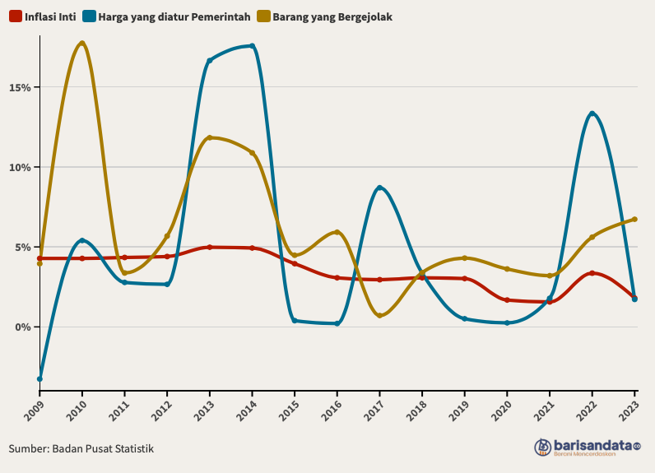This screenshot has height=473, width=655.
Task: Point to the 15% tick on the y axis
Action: tap(21, 88)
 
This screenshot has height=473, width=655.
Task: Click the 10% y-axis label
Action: tap(21, 168)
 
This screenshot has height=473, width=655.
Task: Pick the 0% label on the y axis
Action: tap(23, 327)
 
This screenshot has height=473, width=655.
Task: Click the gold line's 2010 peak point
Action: tap(81, 43)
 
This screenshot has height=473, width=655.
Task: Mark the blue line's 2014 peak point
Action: tap(252, 46)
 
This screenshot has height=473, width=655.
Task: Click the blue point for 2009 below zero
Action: tap(39, 379)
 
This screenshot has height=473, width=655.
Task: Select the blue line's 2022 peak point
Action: tap(592, 114)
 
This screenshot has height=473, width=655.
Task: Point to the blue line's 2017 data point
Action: tap(379, 188)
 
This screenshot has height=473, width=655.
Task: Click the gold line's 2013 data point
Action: tap(209, 137)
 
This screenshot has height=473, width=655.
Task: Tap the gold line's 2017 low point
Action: tap(379, 315)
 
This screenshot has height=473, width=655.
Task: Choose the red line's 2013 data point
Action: tap(209, 247)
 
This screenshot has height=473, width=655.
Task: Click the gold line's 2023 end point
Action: tap(634, 220)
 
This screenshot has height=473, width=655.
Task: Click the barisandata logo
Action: tap(587, 447)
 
